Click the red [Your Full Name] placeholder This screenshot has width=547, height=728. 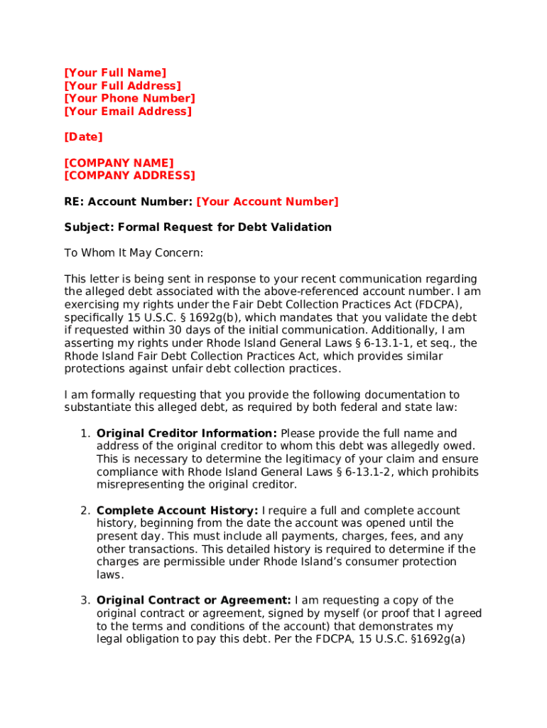115,73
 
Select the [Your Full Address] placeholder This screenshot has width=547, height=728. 122,85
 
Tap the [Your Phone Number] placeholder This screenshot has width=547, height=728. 129,98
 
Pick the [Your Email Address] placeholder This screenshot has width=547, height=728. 128,111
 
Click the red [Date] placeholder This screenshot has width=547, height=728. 83,136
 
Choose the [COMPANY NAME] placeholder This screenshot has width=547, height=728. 119,163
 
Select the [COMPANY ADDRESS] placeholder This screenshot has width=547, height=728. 129,176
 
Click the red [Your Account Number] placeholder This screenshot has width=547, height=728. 267,202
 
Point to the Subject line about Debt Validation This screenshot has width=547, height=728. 197,227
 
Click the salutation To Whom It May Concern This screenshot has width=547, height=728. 134,253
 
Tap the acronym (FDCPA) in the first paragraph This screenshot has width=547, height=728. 436,304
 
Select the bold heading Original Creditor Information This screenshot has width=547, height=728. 186,434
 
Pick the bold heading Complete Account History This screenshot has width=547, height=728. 177,510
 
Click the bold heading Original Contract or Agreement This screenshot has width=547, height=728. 193,601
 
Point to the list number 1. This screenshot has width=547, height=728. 84,434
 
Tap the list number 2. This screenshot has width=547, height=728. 84,510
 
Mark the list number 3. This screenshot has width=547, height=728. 84,601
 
